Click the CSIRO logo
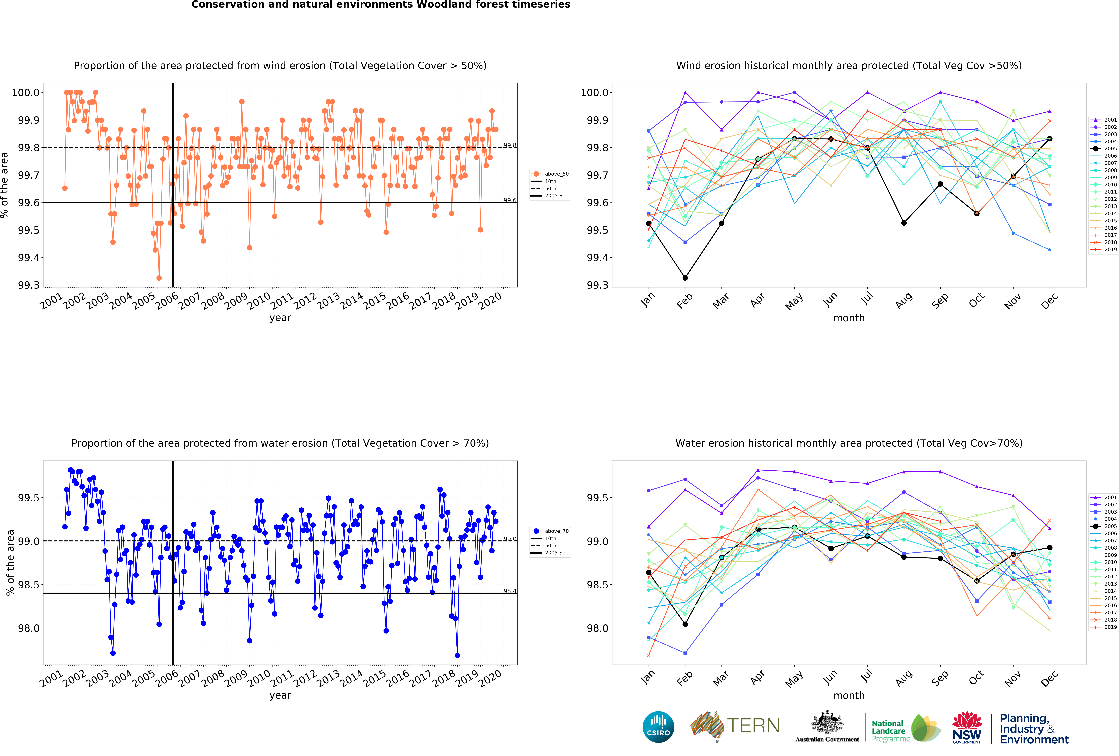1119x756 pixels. pyautogui.click(x=658, y=727)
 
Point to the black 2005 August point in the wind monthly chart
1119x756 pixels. pyautogui.click(x=904, y=223)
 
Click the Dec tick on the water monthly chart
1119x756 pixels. pyautogui.click(x=1049, y=678)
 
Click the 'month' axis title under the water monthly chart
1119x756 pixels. pyautogui.click(x=849, y=695)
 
